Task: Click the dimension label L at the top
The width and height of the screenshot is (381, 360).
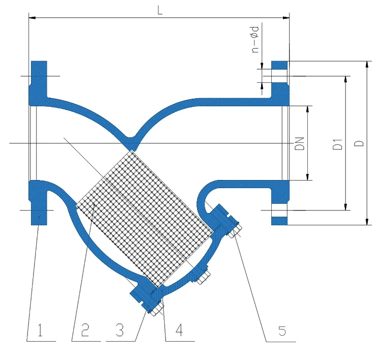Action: click(160, 11)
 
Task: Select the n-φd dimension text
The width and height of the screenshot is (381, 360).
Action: click(256, 39)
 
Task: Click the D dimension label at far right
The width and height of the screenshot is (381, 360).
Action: click(358, 143)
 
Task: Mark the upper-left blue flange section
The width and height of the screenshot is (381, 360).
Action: click(39, 81)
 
